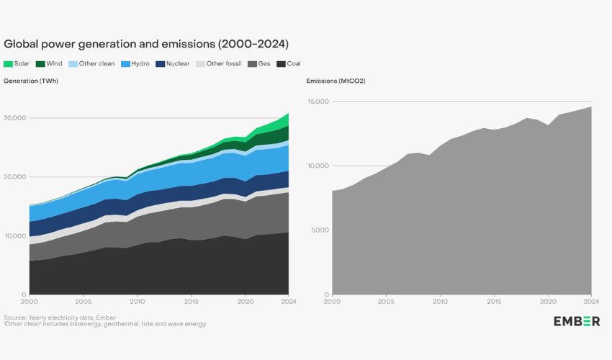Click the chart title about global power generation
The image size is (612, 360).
coord(146,44)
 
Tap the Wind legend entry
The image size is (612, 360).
coord(49,63)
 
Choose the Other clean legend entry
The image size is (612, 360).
coord(92,63)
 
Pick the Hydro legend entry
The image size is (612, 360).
coord(135,63)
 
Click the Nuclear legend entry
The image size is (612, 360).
coord(173,63)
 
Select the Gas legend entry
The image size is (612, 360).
coord(259,63)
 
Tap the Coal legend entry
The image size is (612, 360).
coord(289,63)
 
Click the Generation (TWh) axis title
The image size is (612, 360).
coord(31,81)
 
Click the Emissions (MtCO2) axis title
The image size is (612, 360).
coord(336,81)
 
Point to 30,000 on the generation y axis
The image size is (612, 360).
coord(14,118)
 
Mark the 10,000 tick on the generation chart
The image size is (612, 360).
coord(14,236)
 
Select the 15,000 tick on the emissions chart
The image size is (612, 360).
coord(318,102)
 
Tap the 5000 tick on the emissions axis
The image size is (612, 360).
coord(320,230)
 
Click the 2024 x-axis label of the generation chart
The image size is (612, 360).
coord(288,302)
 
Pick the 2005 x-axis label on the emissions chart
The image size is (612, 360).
coord(386,302)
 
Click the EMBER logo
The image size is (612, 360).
coord(577,321)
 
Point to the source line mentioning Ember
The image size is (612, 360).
coord(60,317)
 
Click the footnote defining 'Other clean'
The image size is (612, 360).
coord(105,324)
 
